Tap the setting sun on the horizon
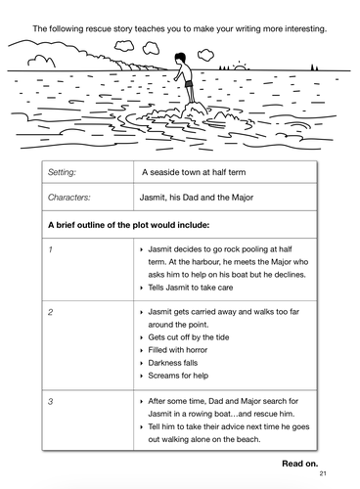pos(241,67)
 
